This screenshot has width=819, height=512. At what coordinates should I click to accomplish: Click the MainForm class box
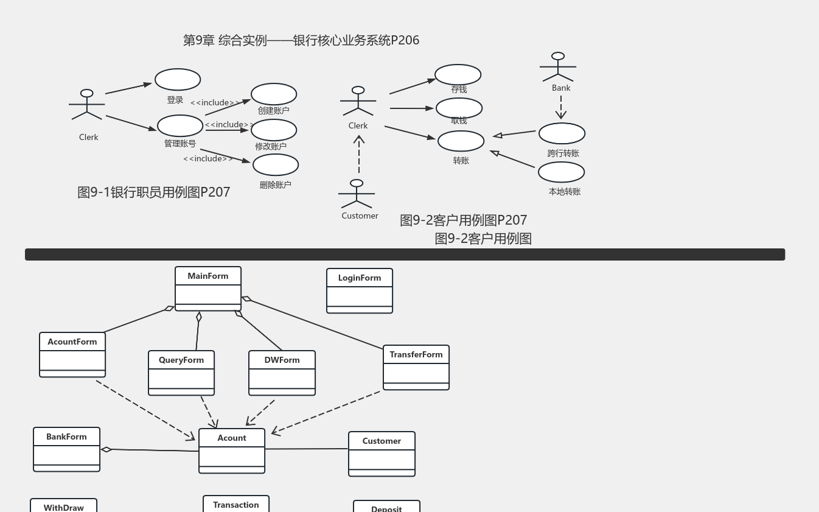[208, 289]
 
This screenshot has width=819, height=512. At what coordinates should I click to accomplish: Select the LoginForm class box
[360, 291]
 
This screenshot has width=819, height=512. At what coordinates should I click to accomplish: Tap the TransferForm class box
[416, 368]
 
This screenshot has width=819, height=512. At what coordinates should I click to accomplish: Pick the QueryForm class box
[181, 373]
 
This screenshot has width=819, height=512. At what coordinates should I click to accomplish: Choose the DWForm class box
[282, 373]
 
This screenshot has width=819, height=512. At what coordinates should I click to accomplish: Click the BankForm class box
[67, 449]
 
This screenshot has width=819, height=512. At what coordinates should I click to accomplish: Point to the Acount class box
[232, 451]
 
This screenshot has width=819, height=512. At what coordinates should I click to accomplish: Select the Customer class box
[382, 454]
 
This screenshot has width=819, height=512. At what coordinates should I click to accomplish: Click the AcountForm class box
[72, 354]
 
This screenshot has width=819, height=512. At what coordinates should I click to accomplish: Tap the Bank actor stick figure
[558, 67]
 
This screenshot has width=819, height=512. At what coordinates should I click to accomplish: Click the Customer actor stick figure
[357, 194]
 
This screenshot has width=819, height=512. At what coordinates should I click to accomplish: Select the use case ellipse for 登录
[178, 80]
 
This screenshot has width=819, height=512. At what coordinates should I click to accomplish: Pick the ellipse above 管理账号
[180, 125]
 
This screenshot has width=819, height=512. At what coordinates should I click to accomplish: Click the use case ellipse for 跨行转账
[562, 133]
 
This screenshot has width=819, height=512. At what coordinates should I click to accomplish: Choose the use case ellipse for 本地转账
[561, 172]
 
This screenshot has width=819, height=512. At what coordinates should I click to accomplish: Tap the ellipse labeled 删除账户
[276, 165]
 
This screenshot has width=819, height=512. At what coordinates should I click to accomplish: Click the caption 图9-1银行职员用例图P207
[154, 192]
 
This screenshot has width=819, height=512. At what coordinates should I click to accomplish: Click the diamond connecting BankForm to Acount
[106, 449]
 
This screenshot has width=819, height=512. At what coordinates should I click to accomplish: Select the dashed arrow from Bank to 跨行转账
[561, 107]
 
